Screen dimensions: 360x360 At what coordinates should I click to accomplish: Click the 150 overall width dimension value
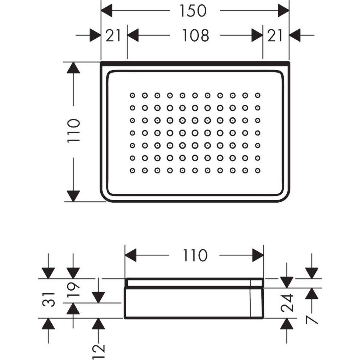click(x=193, y=11)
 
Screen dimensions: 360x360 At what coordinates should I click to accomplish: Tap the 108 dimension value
click(x=195, y=36)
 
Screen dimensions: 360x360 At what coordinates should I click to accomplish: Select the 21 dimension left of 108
click(x=113, y=36)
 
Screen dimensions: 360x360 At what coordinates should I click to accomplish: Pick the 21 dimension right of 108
click(x=275, y=36)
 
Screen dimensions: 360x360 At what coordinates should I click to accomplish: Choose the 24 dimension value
click(x=287, y=304)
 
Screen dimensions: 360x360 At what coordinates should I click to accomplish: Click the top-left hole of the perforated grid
click(x=132, y=95)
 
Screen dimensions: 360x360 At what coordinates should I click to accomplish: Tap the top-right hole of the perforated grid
click(x=257, y=95)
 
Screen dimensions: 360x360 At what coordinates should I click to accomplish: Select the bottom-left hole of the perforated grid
click(x=132, y=170)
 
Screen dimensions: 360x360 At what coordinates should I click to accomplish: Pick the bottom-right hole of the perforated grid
click(x=257, y=170)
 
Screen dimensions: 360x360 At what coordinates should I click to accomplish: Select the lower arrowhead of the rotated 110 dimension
click(x=73, y=196)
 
